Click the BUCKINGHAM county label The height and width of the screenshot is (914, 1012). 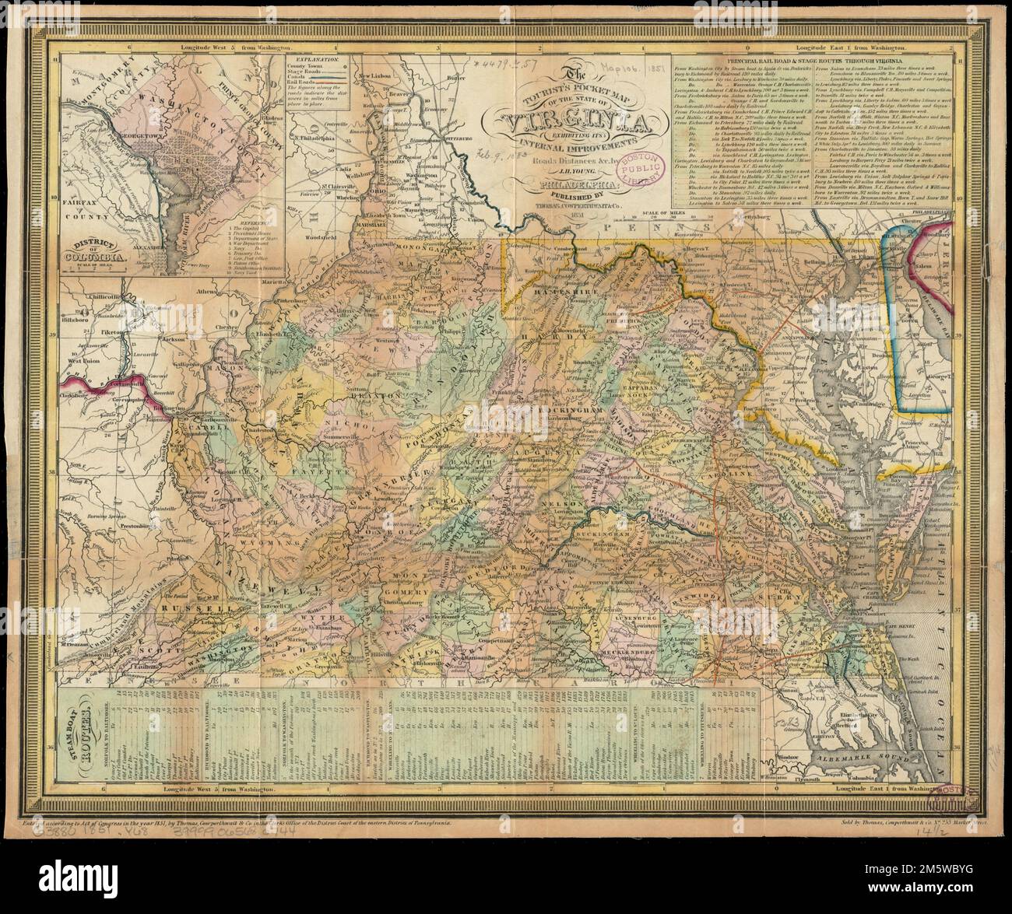pyautogui.click(x=624, y=536)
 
